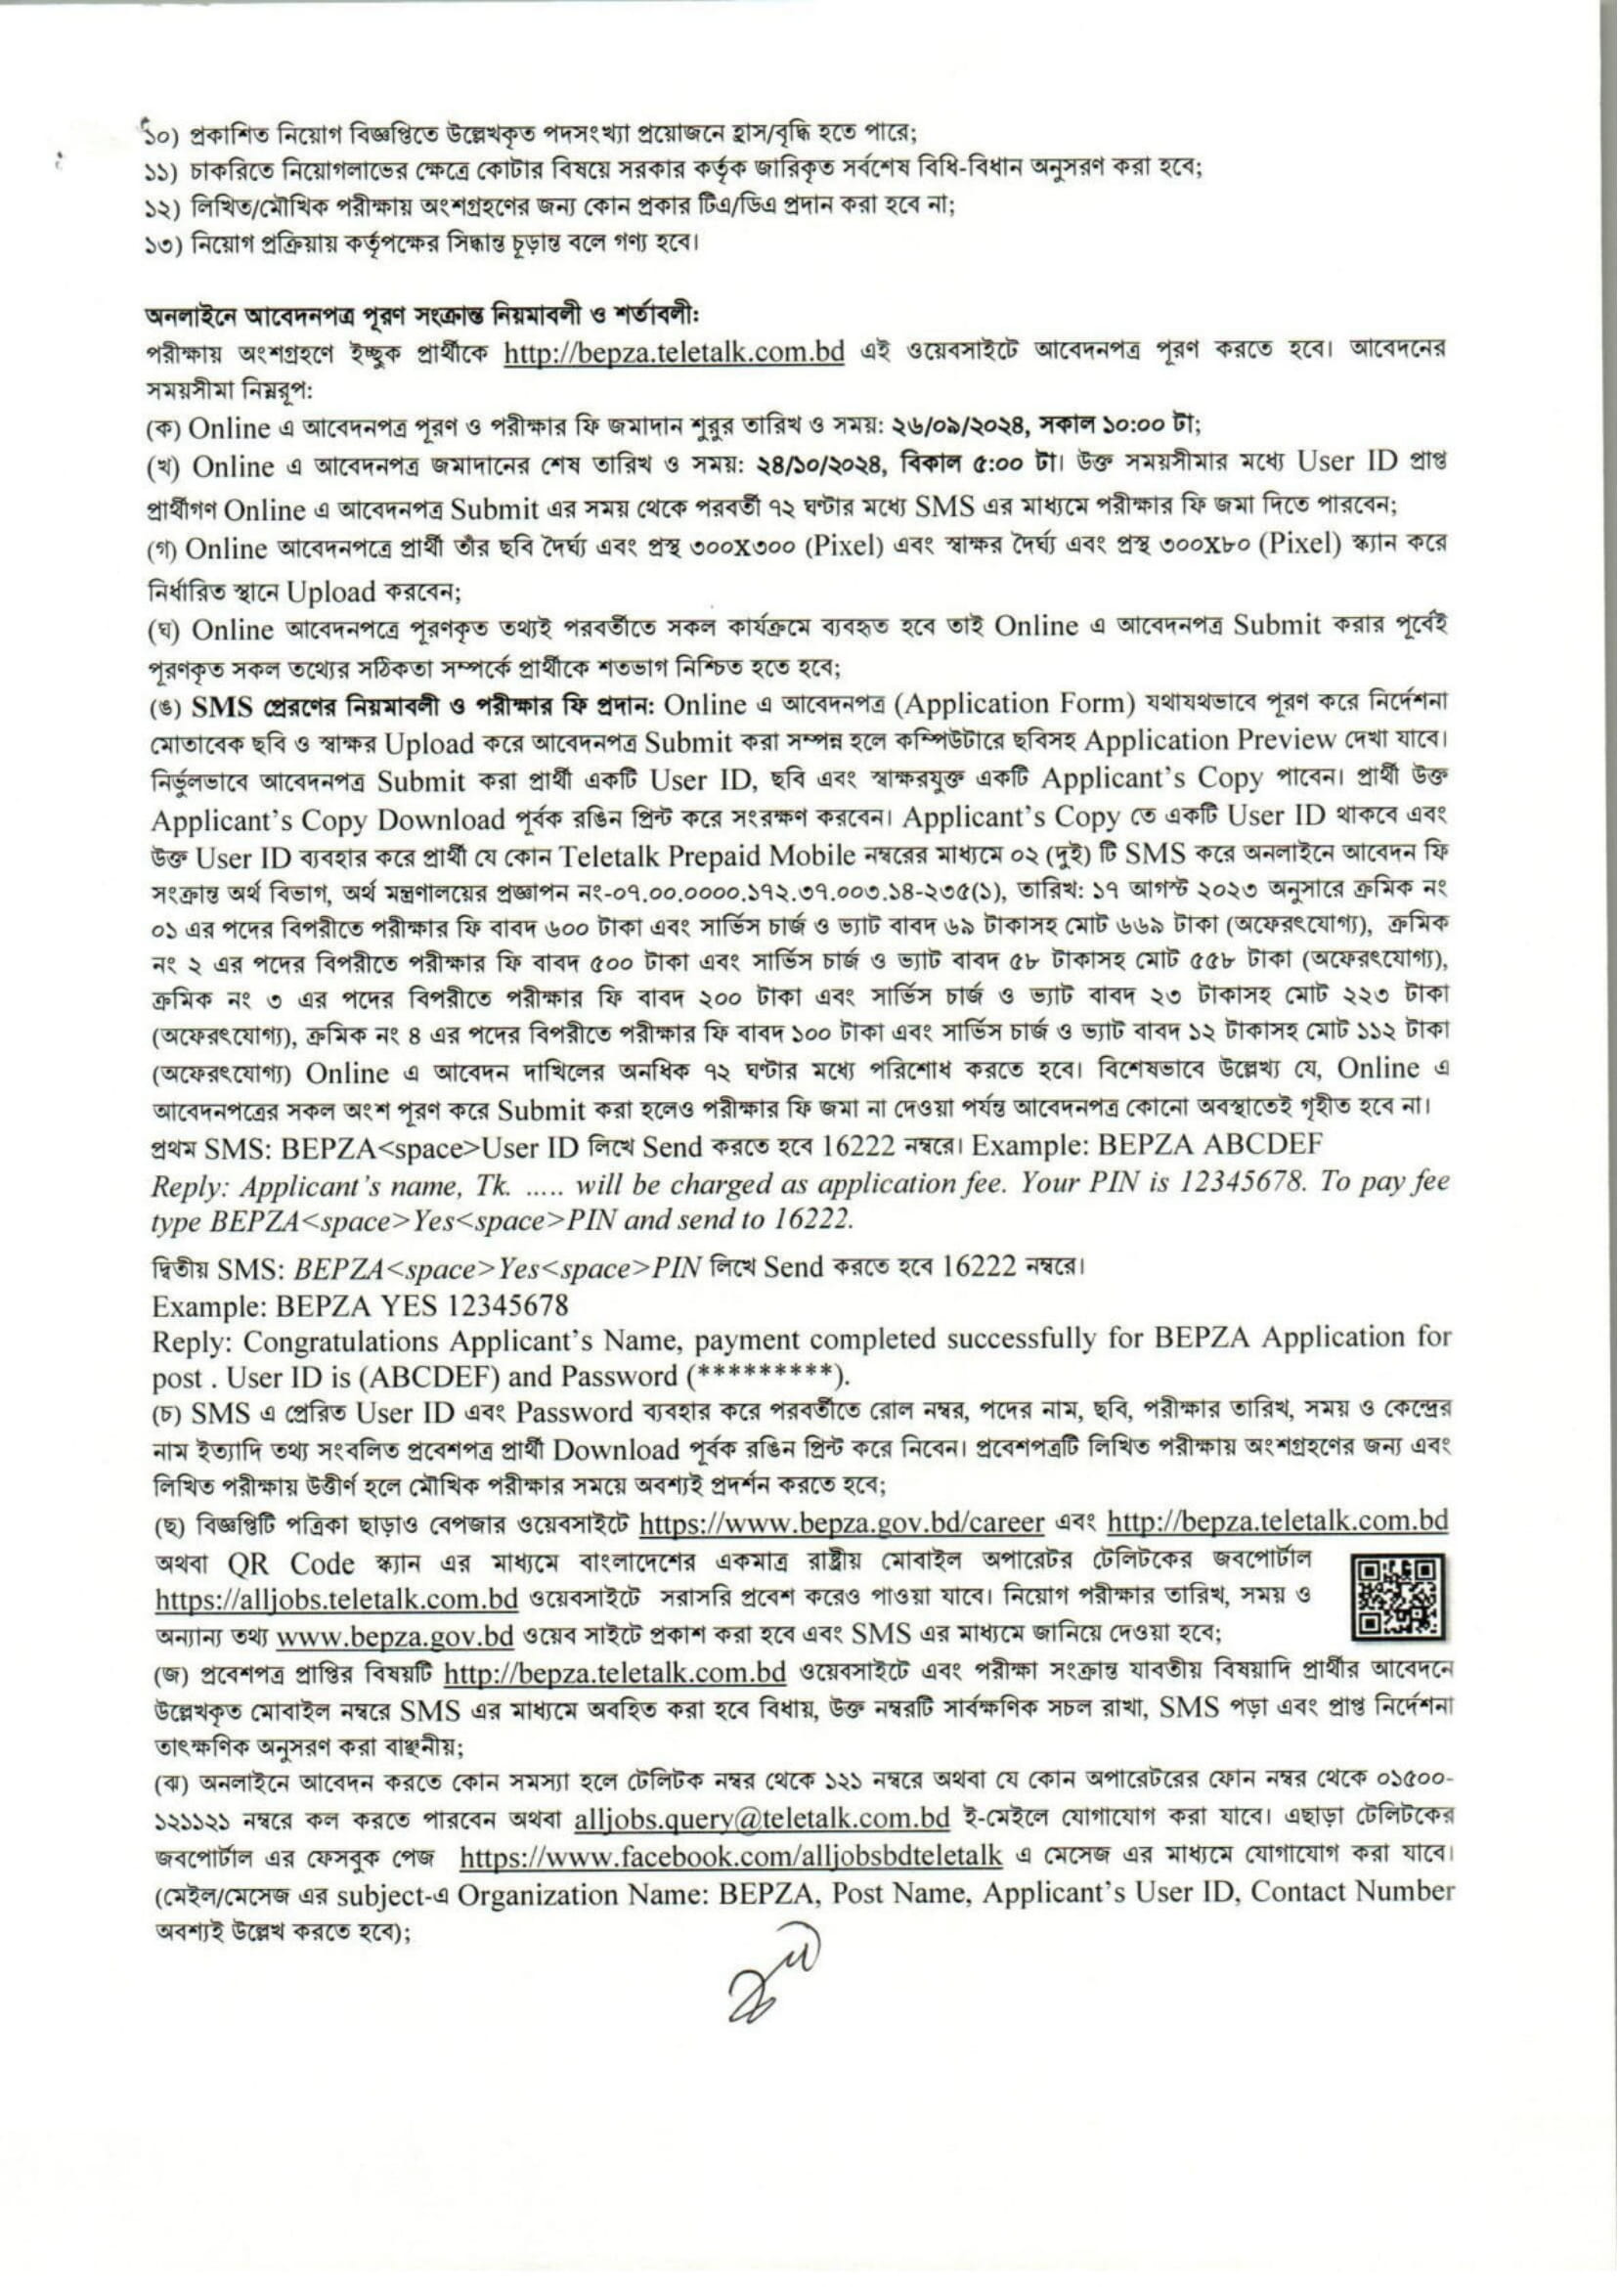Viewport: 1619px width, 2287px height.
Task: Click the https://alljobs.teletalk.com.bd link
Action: [x=336, y=1599]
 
